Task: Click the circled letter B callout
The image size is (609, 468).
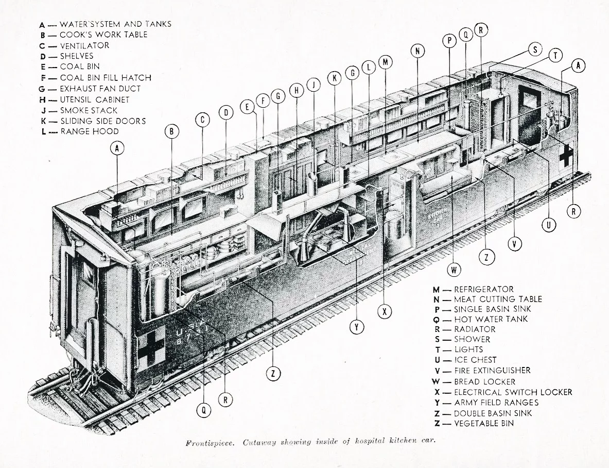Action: click(171, 131)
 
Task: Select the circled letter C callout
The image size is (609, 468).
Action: click(203, 120)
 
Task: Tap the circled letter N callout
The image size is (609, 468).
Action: click(418, 51)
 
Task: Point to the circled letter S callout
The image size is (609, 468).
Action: click(535, 49)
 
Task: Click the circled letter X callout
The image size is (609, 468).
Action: click(384, 311)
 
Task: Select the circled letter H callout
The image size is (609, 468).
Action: click(297, 90)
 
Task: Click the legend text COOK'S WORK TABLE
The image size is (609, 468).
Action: click(103, 35)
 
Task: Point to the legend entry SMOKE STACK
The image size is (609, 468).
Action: click(89, 110)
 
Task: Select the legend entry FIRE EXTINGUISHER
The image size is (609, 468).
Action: click(492, 371)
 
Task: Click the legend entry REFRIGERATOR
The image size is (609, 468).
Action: click(483, 290)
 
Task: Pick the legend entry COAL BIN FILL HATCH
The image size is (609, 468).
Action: click(106, 78)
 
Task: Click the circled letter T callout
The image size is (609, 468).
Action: click(554, 56)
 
